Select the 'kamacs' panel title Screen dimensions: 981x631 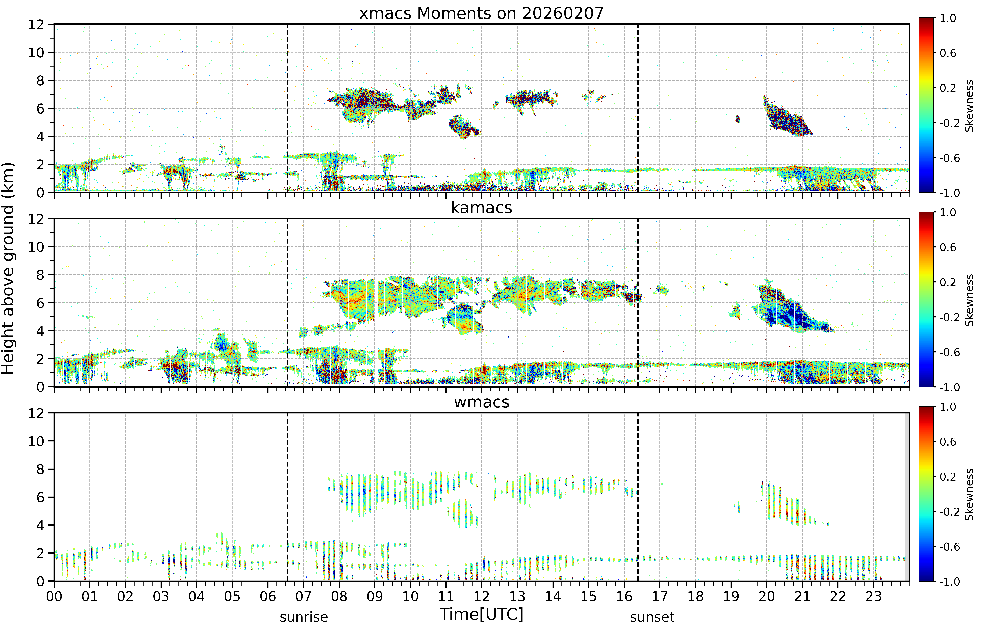tap(481, 208)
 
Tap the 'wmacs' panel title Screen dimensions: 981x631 tap(481, 402)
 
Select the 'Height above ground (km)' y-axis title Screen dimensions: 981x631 tap(8, 268)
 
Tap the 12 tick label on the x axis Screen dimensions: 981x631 tap(481, 596)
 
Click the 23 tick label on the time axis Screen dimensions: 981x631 tap(873, 596)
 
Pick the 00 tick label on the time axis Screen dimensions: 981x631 tap(54, 596)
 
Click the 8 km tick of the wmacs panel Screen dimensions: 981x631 tap(40, 469)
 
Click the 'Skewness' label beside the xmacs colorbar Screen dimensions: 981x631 tap(969, 106)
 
